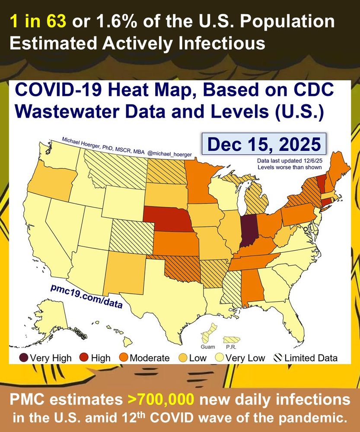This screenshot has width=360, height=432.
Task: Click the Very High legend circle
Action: [x=24, y=358]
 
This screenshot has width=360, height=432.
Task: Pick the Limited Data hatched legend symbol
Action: [x=279, y=358]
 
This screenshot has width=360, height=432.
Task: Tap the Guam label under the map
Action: [x=207, y=347]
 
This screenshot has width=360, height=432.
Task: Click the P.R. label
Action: [x=230, y=347]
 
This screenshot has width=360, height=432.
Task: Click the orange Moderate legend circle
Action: [x=124, y=358]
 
